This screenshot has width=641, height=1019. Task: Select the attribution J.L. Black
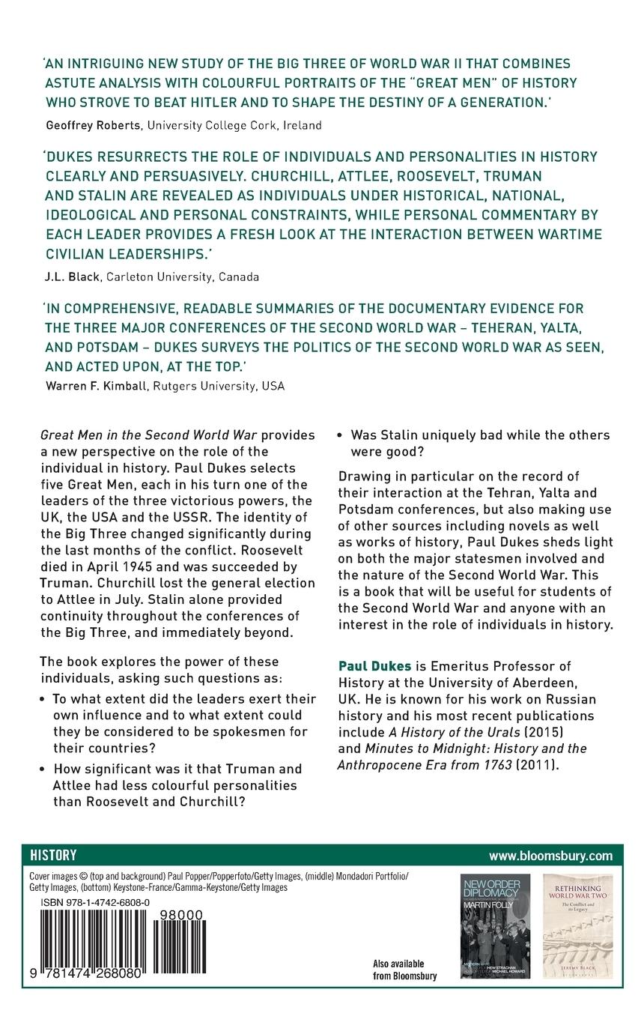(x=72, y=276)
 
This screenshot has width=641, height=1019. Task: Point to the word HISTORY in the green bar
(x=53, y=855)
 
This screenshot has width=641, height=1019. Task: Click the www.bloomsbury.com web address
(x=550, y=856)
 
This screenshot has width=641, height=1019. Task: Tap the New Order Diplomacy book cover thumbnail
(x=494, y=925)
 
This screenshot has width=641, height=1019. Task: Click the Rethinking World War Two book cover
(x=577, y=925)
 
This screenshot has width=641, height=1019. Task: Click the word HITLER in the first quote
(x=262, y=100)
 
